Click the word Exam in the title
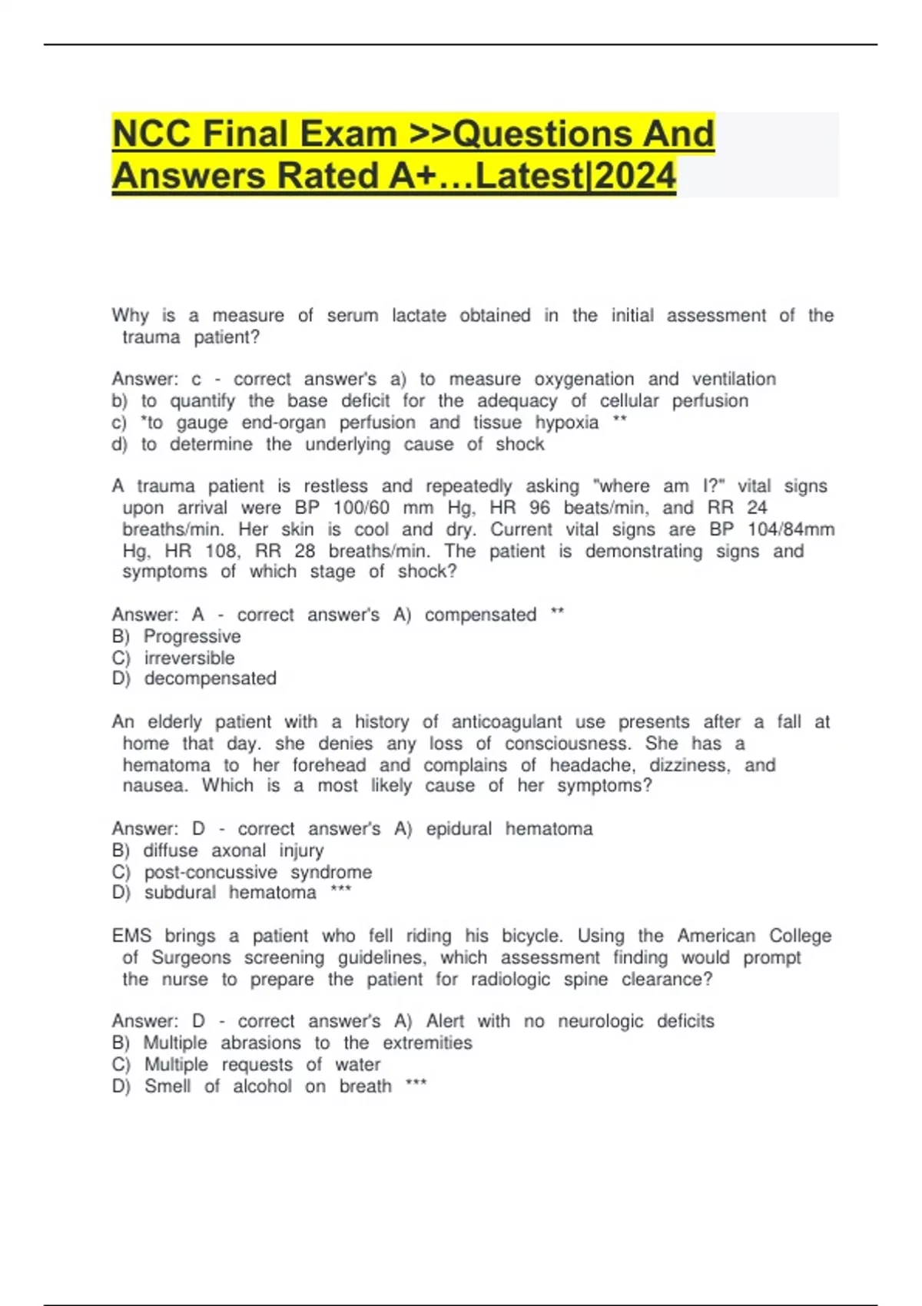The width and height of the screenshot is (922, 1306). [x=348, y=134]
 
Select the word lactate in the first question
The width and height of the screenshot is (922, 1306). [x=419, y=316]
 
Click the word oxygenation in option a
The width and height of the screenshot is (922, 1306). [x=584, y=380]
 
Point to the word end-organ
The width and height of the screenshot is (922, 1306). [x=284, y=423]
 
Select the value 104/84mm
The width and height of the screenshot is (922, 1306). [x=791, y=529]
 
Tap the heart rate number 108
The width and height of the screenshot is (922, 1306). [x=223, y=551]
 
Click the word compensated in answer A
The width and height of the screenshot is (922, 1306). [x=480, y=615]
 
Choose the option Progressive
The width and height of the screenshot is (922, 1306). [x=192, y=636]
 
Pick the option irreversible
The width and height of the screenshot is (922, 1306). [x=189, y=658]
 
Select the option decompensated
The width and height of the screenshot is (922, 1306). [x=210, y=678]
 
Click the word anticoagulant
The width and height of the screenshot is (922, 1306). [x=506, y=722]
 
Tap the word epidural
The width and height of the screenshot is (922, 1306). [x=459, y=829]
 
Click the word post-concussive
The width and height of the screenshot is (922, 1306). [x=211, y=872]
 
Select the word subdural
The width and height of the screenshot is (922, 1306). [x=180, y=893]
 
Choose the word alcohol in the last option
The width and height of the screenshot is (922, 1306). [x=262, y=1086]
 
